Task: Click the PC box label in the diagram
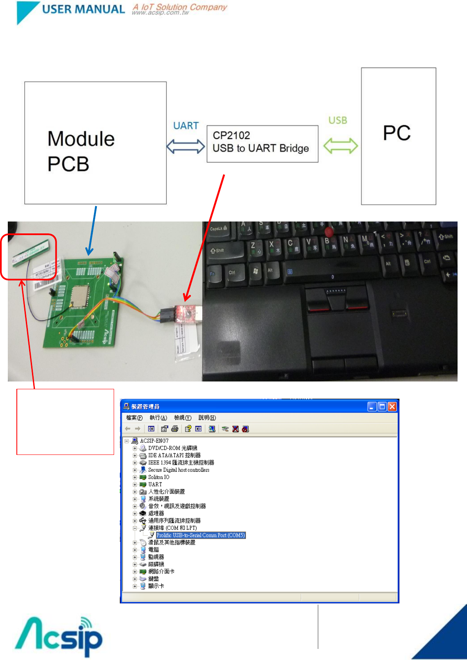coord(397,133)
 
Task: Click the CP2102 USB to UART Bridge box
coord(262,144)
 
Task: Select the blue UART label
coord(186,126)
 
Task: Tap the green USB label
coord(338,120)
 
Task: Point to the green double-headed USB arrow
coord(341,146)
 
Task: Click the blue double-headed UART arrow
coord(185,146)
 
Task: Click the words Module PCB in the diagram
coord(81,151)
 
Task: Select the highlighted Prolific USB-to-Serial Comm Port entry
coord(201,535)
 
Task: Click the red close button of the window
coord(392,407)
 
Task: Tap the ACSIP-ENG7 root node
coord(154,441)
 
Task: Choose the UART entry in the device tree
coord(155,484)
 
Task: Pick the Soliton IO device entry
coord(158,477)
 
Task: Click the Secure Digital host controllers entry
coord(179,470)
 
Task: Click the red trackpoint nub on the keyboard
coord(328,233)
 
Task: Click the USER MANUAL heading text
coord(83,9)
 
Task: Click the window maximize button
coord(382,407)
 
